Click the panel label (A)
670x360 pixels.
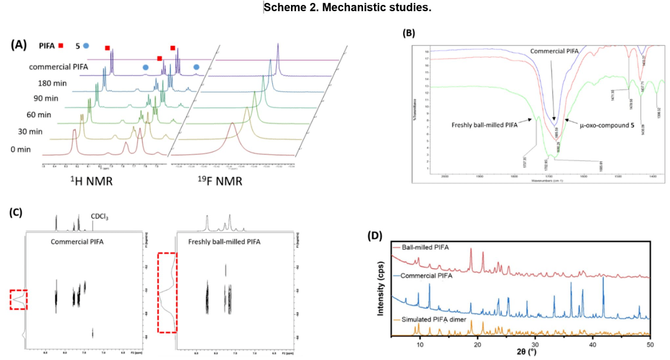coord(20,45)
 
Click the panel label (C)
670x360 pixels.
coord(17,211)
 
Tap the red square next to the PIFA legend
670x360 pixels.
coord(61,45)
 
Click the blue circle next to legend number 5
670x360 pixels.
coord(86,45)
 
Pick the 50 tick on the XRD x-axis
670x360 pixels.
coord(650,343)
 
